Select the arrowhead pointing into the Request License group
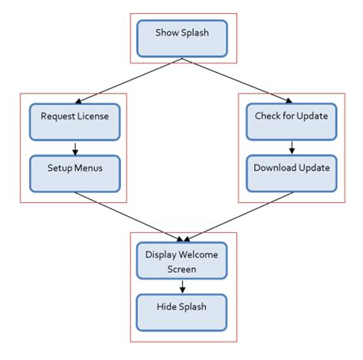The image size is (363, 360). tap(81, 99)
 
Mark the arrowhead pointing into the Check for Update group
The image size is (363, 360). tap(286, 99)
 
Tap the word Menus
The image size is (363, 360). tap(89, 168)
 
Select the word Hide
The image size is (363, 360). tap(170, 306)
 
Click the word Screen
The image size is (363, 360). tap(183, 269)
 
